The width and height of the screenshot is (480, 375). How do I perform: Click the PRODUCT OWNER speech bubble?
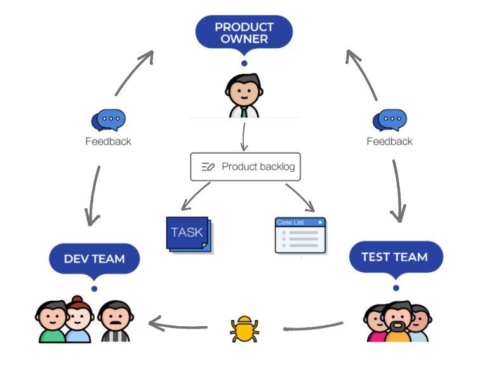[244, 32]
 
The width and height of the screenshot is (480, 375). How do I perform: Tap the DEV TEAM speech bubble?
[94, 259]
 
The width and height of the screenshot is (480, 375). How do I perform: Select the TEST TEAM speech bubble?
[394, 257]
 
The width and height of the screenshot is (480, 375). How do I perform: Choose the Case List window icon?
[300, 235]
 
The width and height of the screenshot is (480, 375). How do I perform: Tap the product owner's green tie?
[244, 112]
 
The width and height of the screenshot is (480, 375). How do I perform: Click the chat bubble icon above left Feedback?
[108, 119]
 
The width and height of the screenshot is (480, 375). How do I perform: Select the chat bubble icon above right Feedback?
[389, 119]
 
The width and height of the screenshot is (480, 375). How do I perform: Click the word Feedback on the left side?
[108, 141]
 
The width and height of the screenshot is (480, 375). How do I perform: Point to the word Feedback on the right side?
[389, 141]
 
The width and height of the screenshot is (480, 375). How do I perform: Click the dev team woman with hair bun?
[78, 320]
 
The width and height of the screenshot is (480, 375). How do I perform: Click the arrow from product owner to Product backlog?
[243, 136]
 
